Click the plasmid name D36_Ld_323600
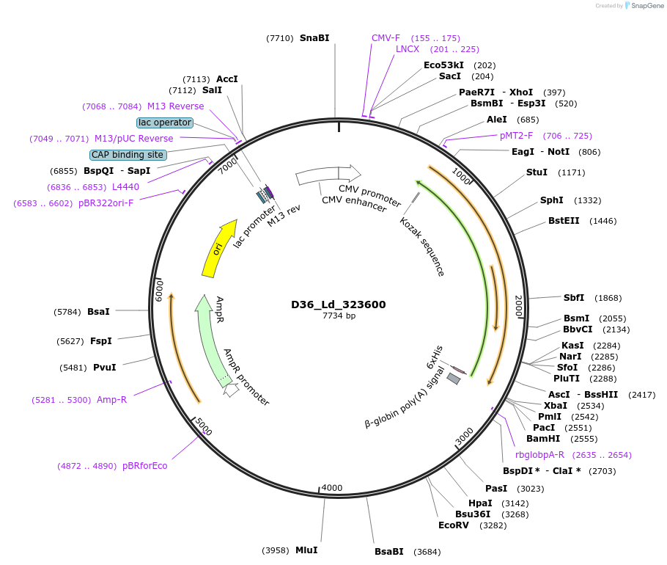pyautogui.click(x=339, y=305)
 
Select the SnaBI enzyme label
pyautogui.click(x=314, y=37)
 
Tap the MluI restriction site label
pyautogui.click(x=306, y=550)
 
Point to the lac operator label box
pyautogui.click(x=165, y=123)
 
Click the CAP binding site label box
pyautogui.click(x=128, y=155)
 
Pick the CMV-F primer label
pyautogui.click(x=386, y=37)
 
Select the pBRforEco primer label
pyautogui.click(x=144, y=465)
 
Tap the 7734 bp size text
pyautogui.click(x=339, y=316)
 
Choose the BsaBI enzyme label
pyautogui.click(x=389, y=551)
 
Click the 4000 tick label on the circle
pyautogui.click(x=332, y=488)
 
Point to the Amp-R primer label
pyautogui.click(x=111, y=400)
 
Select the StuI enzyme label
pyautogui.click(x=537, y=172)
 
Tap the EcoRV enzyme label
pyautogui.click(x=453, y=525)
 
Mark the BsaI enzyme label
pyautogui.click(x=98, y=311)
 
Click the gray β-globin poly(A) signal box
pyautogui.click(x=454, y=379)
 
